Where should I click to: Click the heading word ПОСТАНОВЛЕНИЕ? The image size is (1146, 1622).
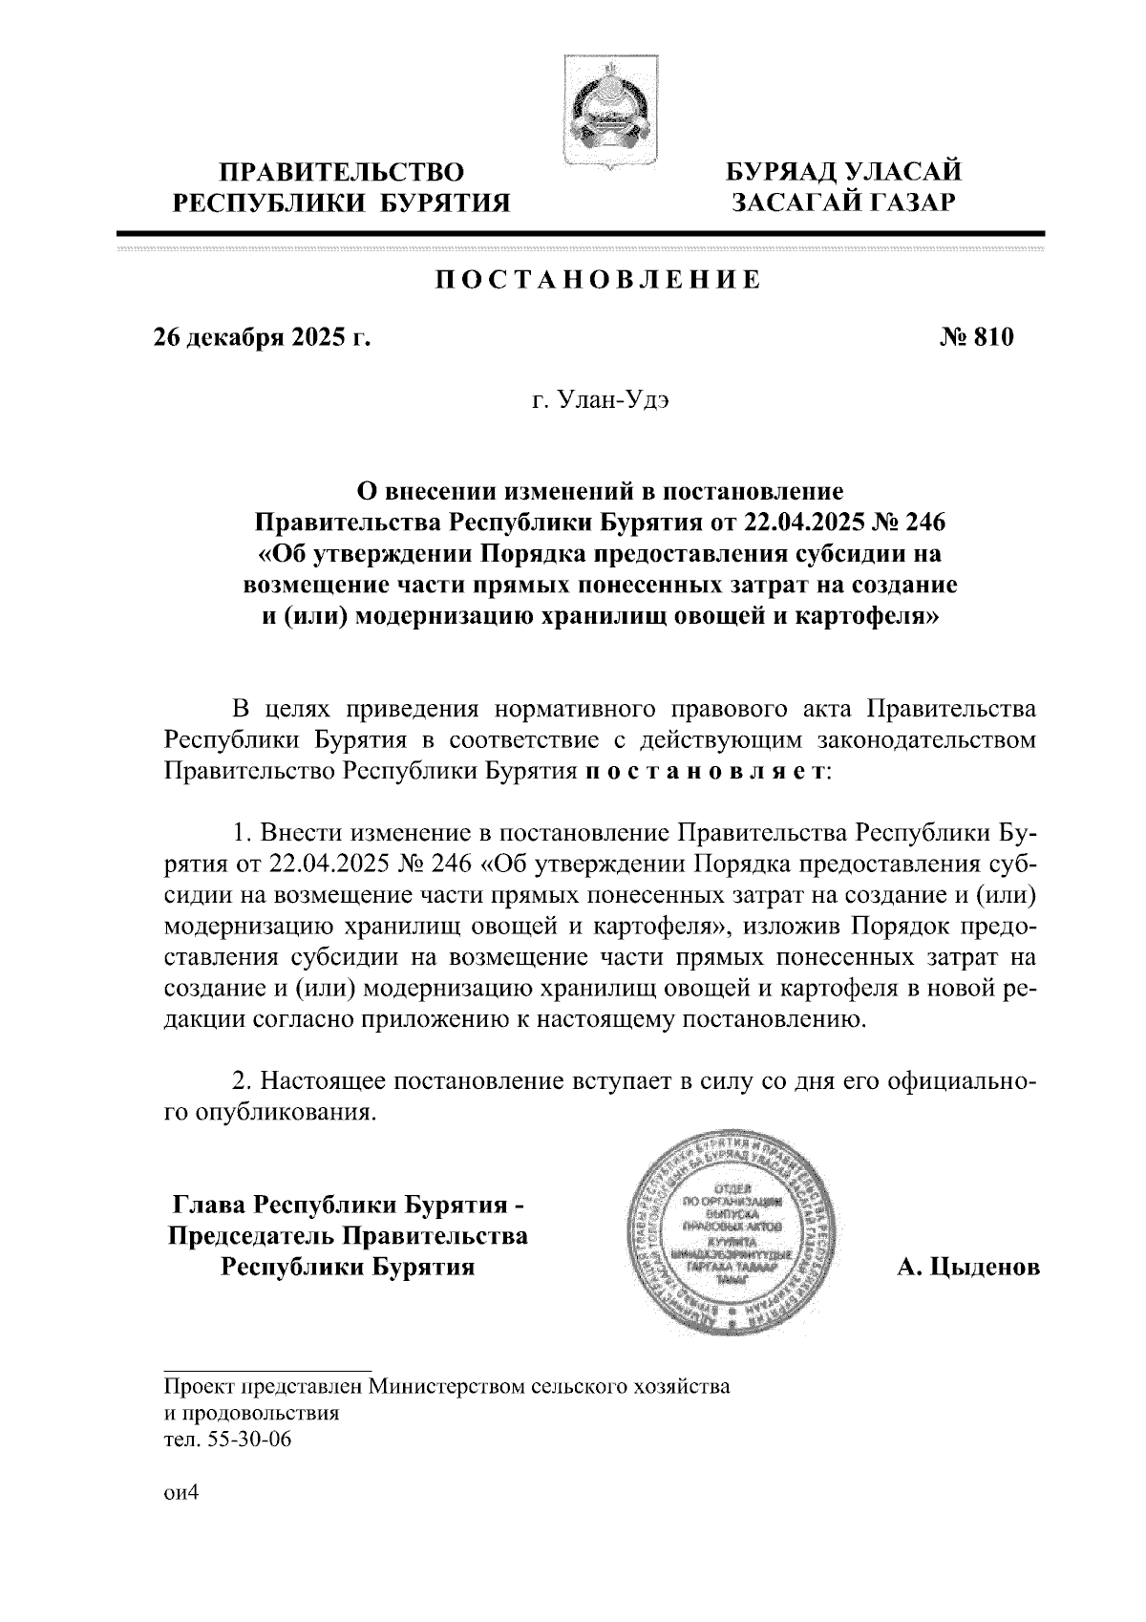(599, 280)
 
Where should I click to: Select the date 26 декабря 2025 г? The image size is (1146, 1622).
(262, 338)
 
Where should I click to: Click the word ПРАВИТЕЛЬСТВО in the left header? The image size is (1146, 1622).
(342, 173)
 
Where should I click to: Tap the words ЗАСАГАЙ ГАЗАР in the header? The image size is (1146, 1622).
(842, 202)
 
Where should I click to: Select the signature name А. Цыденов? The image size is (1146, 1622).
(967, 1269)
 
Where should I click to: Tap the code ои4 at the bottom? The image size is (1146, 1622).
(180, 1521)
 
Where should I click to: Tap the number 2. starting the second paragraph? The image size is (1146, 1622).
(244, 1083)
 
